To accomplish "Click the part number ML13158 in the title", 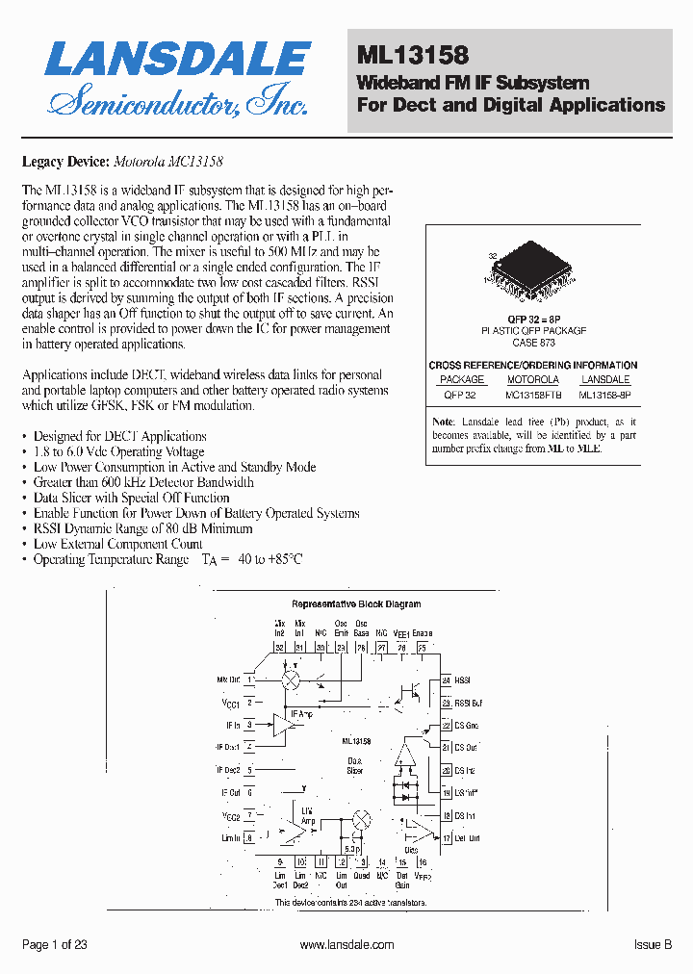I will coord(413,58).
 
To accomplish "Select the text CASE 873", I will coord(533,342).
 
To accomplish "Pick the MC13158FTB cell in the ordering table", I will coord(532,393).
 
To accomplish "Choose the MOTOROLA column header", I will coord(532,379).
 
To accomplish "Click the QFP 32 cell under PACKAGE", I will coord(460,393).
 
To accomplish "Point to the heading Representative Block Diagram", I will coord(356,604).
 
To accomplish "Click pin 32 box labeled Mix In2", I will coord(280,648).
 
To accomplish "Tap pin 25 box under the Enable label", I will coord(423,648).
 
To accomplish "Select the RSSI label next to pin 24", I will coord(463,680).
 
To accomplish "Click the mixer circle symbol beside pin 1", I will coord(290,680).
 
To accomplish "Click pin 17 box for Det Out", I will coord(447,838).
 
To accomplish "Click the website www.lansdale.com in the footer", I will coord(346,945).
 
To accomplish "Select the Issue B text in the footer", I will coord(653,945).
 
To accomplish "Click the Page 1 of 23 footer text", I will coord(55,945).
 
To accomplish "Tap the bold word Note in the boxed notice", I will coord(444,422).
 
